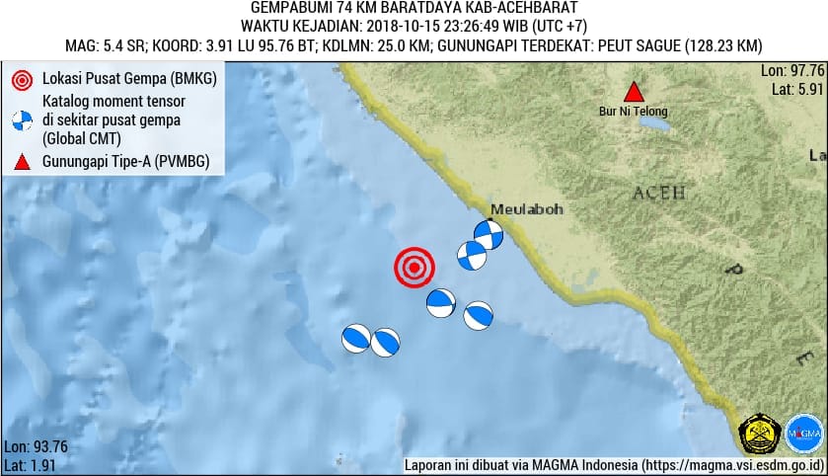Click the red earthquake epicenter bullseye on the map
[x=414, y=268]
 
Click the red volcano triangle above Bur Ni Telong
[x=635, y=92]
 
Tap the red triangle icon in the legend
[x=21, y=161]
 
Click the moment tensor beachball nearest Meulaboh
[x=488, y=234]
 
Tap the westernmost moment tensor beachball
[x=355, y=339]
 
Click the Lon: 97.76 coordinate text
[x=791, y=71]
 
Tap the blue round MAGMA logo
[x=804, y=434]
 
